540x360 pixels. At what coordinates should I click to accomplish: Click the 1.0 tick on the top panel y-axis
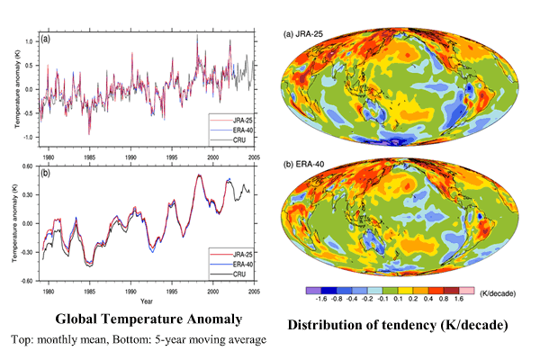click(30, 41)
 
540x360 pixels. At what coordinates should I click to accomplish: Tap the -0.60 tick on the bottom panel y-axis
click(27, 280)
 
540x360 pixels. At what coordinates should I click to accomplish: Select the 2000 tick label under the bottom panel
click(212, 290)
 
